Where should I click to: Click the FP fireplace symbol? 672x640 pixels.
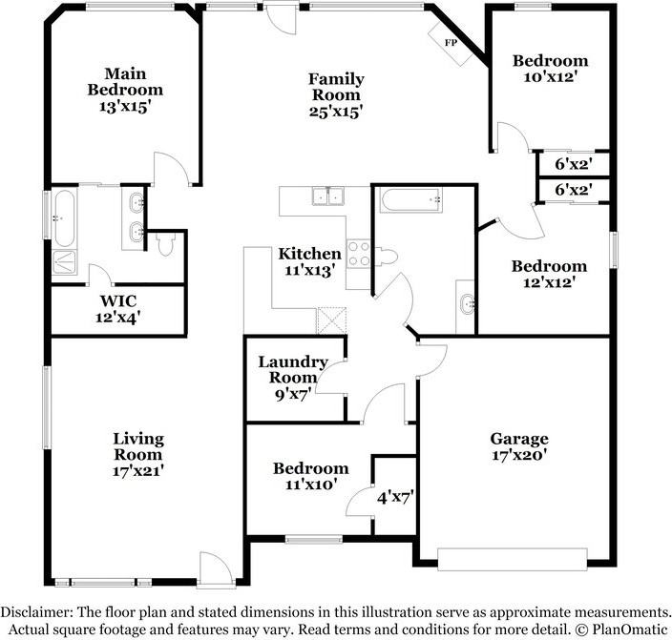click(451, 43)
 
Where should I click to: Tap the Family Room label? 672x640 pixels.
click(336, 87)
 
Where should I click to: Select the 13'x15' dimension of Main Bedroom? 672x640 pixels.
click(126, 106)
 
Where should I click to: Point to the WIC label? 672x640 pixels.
click(118, 300)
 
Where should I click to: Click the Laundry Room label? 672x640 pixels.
click(293, 369)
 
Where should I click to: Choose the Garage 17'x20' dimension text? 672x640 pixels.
click(519, 455)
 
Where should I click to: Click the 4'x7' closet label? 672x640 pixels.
click(395, 498)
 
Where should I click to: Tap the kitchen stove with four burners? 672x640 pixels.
click(359, 254)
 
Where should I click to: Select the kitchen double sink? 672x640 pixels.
click(328, 196)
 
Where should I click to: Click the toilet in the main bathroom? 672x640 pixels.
click(165, 244)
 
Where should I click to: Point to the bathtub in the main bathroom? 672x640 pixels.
click(64, 218)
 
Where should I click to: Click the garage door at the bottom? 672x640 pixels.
click(513, 559)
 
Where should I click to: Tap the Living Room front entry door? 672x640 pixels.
click(217, 568)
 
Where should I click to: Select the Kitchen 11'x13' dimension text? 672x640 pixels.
click(309, 271)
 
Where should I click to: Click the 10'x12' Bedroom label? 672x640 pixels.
click(550, 69)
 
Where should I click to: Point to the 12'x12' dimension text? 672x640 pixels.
click(549, 282)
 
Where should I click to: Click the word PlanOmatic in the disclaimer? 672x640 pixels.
click(630, 630)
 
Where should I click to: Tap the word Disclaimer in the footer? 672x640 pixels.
click(36, 611)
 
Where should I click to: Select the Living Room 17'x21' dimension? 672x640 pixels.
click(138, 471)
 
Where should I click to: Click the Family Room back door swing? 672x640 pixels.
click(280, 18)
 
